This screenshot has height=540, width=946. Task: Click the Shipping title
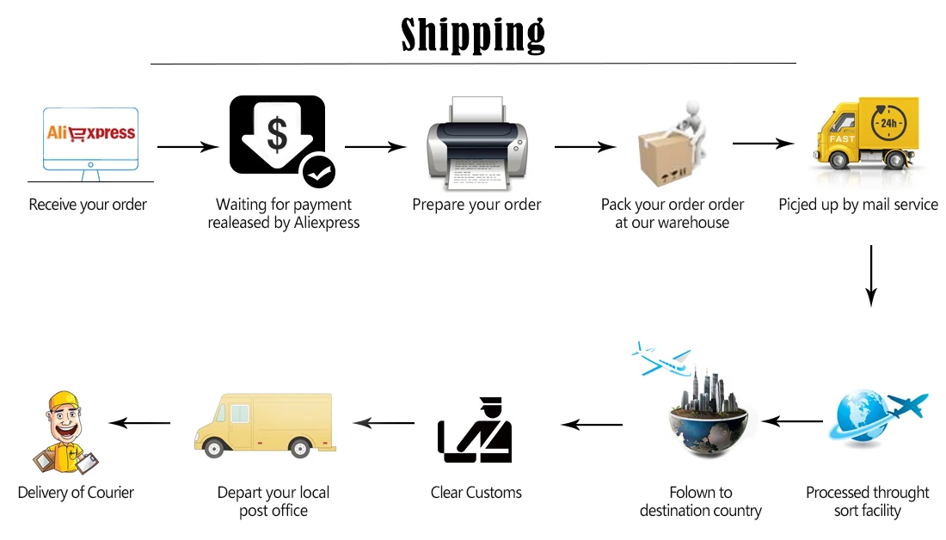tap(473, 34)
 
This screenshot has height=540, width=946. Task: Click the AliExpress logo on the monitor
tap(90, 132)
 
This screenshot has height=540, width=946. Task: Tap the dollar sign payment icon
tap(276, 134)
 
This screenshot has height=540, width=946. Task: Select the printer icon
tap(477, 144)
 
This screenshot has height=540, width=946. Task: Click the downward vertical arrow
tap(870, 275)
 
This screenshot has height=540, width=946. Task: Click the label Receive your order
tap(88, 205)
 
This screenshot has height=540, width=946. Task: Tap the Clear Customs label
tap(476, 493)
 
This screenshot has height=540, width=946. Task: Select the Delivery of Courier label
tap(76, 493)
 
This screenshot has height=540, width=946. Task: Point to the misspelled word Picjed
tap(800, 205)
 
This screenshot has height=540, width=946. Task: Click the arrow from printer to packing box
tap(585, 147)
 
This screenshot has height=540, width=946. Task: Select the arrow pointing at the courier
tap(139, 423)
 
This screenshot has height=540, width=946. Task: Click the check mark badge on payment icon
tap(318, 173)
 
